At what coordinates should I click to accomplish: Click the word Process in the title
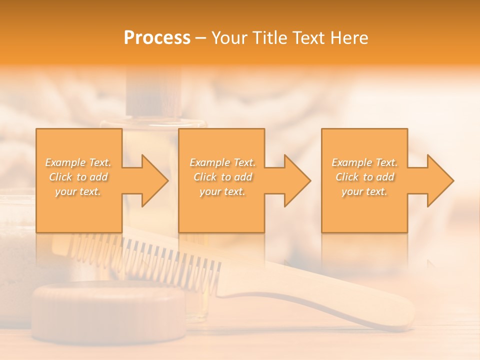pyautogui.click(x=157, y=38)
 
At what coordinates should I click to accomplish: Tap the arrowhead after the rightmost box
pyautogui.click(x=439, y=180)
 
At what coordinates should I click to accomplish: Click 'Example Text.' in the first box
pyautogui.click(x=78, y=162)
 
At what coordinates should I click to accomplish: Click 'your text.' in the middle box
pyautogui.click(x=222, y=191)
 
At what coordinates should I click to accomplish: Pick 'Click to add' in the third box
pyautogui.click(x=364, y=177)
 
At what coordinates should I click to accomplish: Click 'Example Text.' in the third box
pyautogui.click(x=364, y=162)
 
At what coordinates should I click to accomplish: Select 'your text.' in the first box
pyautogui.click(x=78, y=191)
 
